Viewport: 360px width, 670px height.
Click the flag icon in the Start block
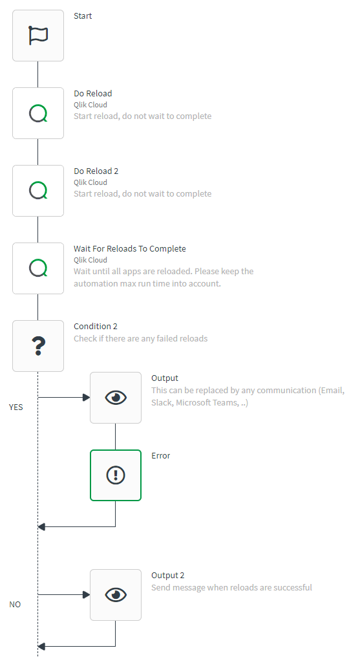38,36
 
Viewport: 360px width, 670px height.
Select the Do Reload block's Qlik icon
38,113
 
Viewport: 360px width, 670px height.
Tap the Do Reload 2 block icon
38,191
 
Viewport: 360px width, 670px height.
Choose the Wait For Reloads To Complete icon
38,268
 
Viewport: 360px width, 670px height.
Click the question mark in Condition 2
38,346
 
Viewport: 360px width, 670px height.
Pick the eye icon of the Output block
116,398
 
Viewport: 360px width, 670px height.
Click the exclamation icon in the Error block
116,475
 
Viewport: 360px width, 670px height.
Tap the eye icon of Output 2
116,595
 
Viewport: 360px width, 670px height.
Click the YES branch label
16,407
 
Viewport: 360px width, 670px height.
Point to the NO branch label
15,605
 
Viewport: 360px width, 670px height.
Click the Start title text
83,16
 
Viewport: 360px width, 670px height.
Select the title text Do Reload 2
96,171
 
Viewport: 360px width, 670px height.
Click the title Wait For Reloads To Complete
130,249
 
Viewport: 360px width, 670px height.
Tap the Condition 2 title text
96,327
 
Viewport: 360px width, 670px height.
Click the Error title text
161,456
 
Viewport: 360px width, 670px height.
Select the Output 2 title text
168,576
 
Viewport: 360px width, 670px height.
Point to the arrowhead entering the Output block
86,398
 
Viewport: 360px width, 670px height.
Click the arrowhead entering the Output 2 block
86,594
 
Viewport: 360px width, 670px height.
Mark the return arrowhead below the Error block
41,527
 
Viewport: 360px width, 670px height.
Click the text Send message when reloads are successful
231,588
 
